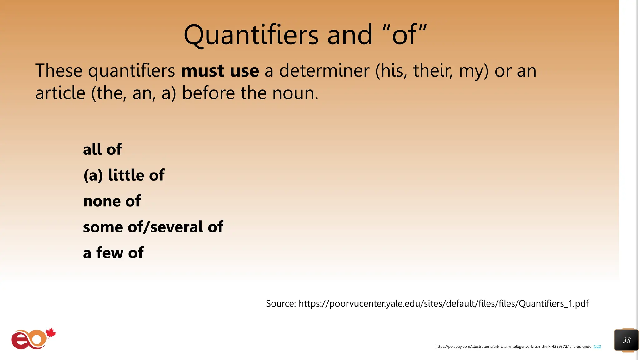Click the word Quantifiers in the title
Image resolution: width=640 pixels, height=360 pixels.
pyautogui.click(x=251, y=35)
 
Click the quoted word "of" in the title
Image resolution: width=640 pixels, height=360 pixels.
pyautogui.click(x=405, y=35)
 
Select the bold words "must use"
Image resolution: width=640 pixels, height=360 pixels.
pyautogui.click(x=220, y=71)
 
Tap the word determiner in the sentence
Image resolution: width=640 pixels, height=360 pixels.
pyautogui.click(x=324, y=71)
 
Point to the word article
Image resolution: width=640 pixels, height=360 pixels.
pyautogui.click(x=60, y=93)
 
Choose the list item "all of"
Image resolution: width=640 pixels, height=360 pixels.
pyautogui.click(x=102, y=149)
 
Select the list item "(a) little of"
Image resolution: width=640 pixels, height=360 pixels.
pyautogui.click(x=124, y=175)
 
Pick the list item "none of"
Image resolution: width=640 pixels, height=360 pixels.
pyautogui.click(x=112, y=201)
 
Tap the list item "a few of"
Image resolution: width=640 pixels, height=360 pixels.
pyautogui.click(x=113, y=252)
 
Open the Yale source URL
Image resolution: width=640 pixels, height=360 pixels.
pyautogui.click(x=443, y=303)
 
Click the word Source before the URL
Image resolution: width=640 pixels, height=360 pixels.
pyautogui.click(x=281, y=303)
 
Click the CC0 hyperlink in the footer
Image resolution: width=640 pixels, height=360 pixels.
pyautogui.click(x=597, y=347)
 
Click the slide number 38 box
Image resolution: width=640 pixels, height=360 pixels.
pyautogui.click(x=626, y=340)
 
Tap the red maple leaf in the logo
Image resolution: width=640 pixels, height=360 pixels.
pyautogui.click(x=51, y=333)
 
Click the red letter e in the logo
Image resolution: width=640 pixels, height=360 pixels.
pyautogui.click(x=20, y=341)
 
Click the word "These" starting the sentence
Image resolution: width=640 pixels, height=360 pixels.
pyautogui.click(x=59, y=71)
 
